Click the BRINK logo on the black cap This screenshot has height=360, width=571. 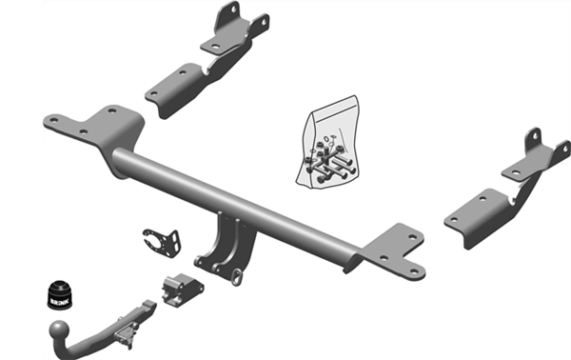(x=58, y=301)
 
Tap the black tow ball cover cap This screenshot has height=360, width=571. (x=59, y=294)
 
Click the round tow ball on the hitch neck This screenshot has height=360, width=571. (x=59, y=330)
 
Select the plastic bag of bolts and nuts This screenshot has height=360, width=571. (x=327, y=143)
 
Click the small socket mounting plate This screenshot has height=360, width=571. (x=162, y=242)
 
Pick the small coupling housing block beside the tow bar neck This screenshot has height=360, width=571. (x=182, y=290)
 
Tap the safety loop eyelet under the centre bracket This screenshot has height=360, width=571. (x=236, y=276)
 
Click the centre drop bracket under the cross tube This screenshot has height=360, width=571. (x=226, y=248)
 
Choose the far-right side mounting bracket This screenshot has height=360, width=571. (x=507, y=190)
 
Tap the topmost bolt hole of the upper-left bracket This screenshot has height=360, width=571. (x=234, y=7)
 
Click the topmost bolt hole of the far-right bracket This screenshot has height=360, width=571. (x=535, y=135)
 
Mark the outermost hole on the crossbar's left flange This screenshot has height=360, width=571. (x=54, y=119)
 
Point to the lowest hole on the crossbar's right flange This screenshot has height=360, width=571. (x=414, y=271)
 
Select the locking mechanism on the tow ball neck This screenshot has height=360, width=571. (x=126, y=334)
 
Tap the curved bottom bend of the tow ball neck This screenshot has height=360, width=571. (x=68, y=350)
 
